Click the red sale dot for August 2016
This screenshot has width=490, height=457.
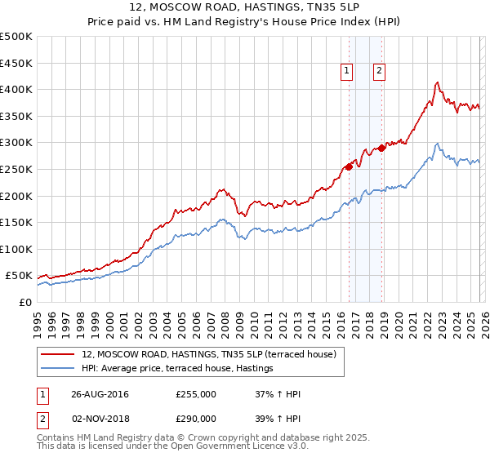[349, 166]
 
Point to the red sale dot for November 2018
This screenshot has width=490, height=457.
[381, 148]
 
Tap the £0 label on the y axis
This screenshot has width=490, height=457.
[25, 302]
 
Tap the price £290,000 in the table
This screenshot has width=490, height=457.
[196, 416]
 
